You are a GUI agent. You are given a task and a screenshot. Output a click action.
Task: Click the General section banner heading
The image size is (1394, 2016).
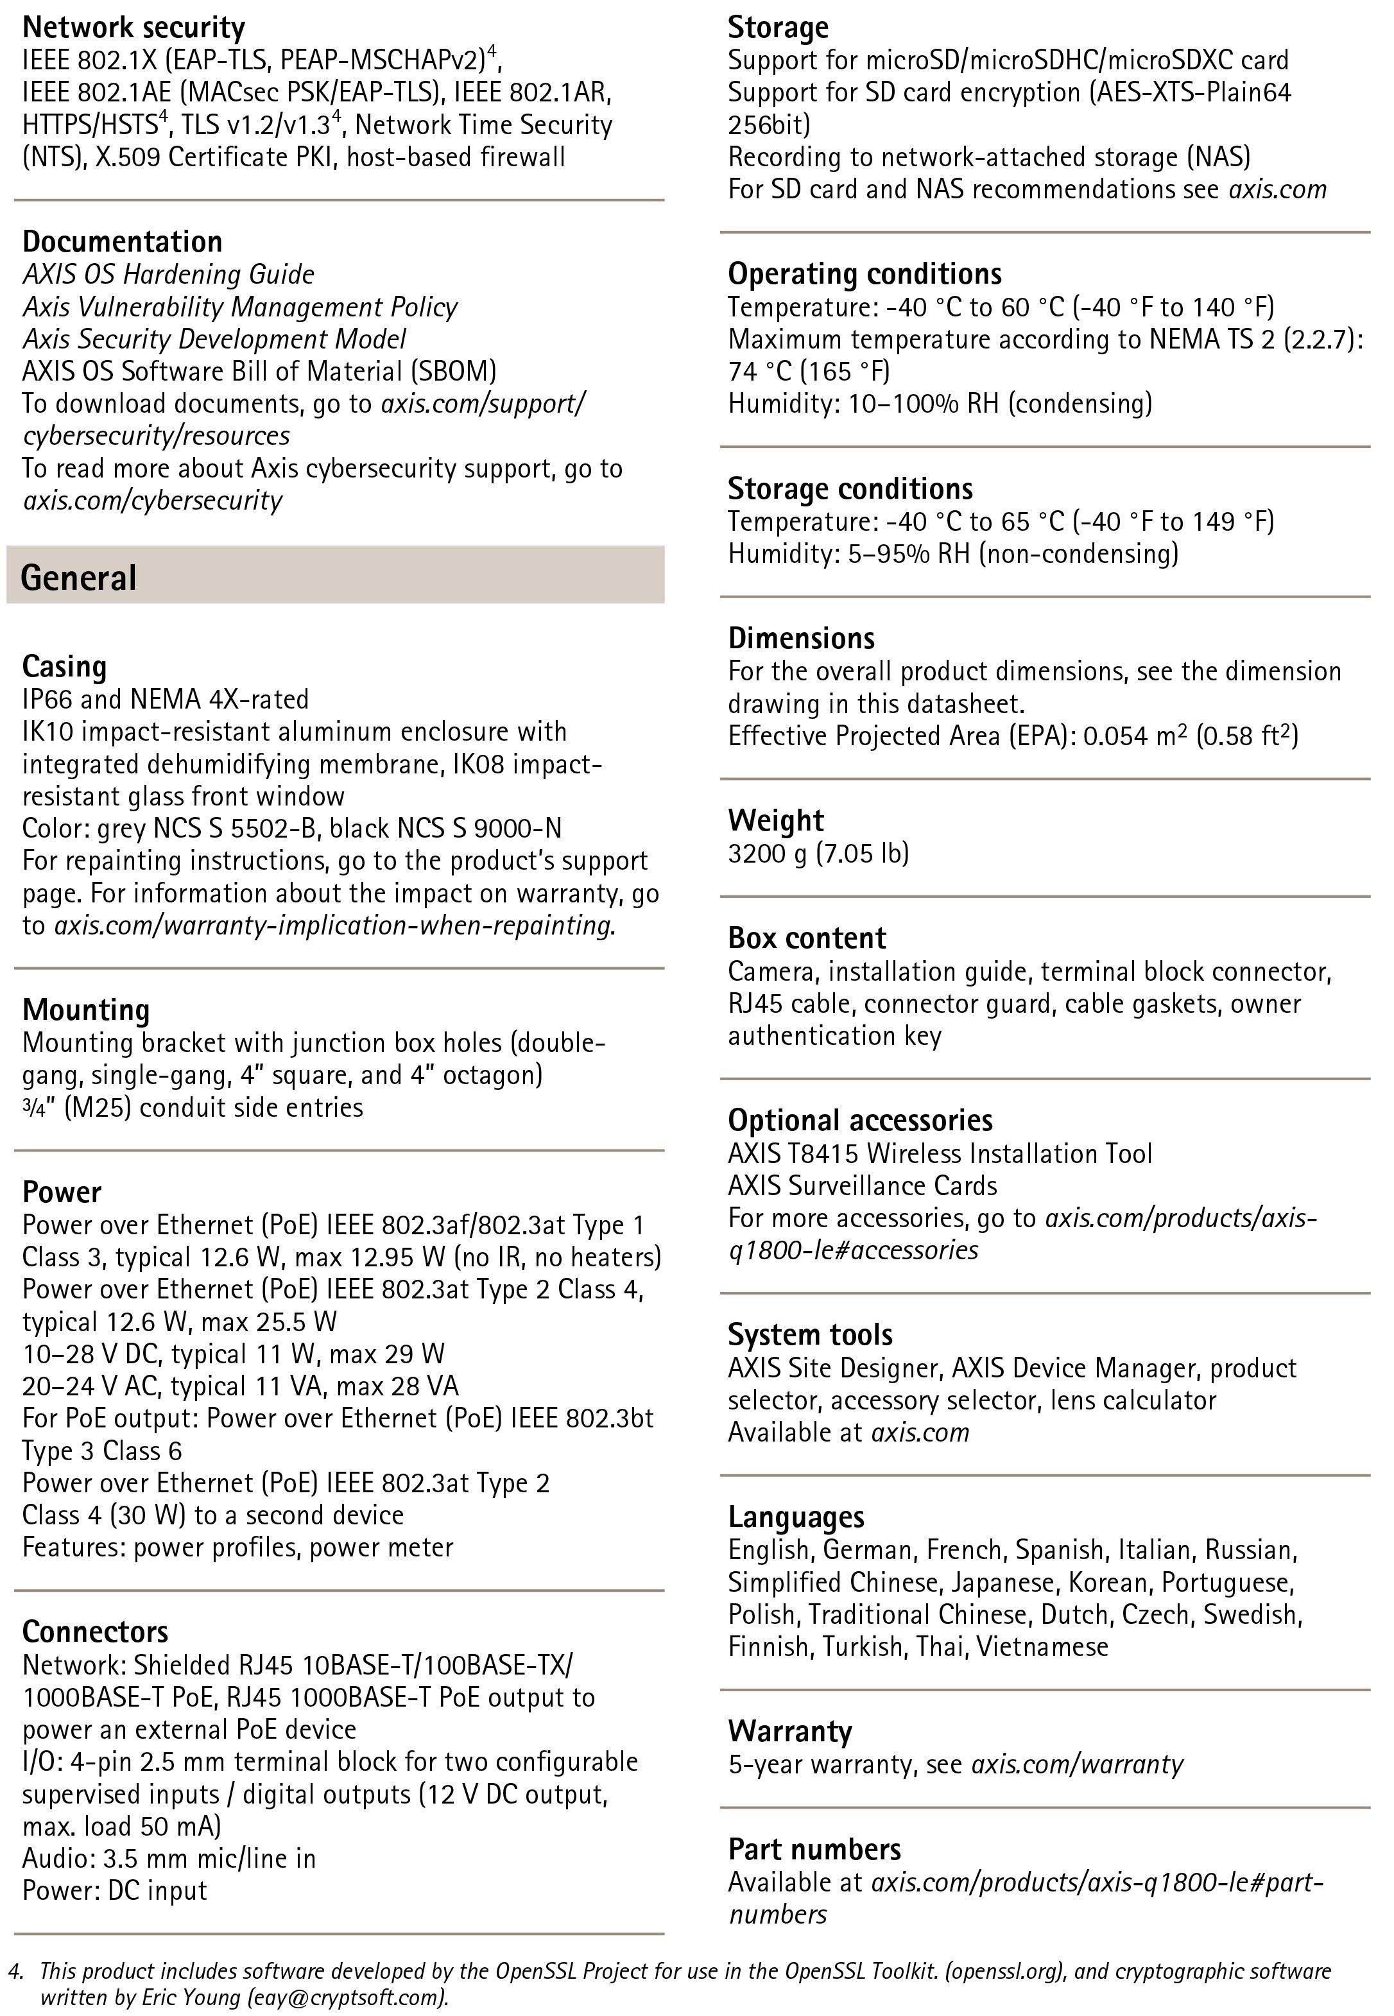tap(78, 578)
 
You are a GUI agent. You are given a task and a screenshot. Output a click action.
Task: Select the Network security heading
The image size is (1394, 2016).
tap(133, 27)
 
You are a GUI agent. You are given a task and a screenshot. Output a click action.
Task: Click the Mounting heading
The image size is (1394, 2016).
tap(85, 1009)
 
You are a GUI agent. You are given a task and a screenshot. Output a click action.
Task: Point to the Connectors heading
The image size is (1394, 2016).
tap(94, 1632)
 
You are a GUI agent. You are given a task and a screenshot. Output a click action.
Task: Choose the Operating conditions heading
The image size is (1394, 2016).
tap(864, 273)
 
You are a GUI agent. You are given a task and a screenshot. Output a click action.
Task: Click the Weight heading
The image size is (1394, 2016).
tap(775, 820)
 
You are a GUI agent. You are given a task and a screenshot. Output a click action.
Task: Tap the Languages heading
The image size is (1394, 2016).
tap(796, 1517)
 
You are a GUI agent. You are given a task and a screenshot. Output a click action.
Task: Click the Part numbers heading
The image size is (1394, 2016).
tap(814, 1849)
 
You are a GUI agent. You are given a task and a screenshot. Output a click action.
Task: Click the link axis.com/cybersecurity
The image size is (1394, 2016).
tap(152, 501)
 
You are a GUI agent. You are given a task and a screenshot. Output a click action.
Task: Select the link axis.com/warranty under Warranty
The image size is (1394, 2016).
tap(1077, 1764)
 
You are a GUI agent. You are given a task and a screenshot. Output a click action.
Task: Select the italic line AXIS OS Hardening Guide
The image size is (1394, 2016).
tap(168, 274)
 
